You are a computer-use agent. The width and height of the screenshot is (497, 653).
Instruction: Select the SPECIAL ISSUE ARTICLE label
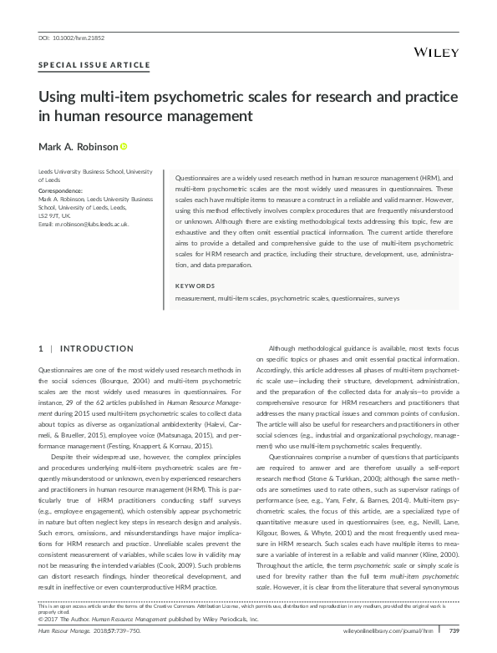94,64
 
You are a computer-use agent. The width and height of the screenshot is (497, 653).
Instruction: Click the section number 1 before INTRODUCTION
42,347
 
